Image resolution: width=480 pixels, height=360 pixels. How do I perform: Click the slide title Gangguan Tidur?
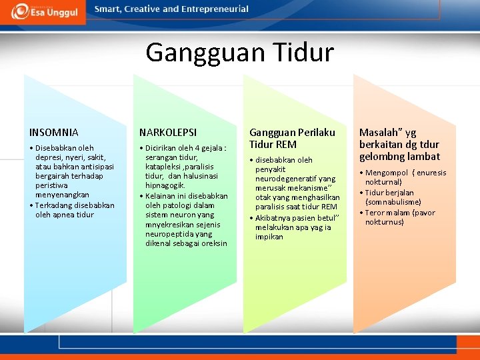(239, 52)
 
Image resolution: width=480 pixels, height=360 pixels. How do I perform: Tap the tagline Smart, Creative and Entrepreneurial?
(171, 9)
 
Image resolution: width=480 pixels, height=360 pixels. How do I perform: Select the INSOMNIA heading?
(54, 133)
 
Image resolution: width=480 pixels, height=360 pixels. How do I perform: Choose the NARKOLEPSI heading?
(167, 133)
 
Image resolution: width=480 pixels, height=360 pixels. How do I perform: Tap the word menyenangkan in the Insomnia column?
(62, 195)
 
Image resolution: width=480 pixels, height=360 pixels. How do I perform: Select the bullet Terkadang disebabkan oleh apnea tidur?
(73, 210)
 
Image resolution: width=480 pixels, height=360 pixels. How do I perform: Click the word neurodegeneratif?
(295, 179)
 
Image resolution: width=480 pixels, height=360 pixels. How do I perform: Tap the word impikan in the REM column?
(269, 237)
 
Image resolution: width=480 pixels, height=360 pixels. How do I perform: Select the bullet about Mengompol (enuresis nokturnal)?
(404, 177)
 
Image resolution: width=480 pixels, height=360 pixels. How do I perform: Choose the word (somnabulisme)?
(393, 202)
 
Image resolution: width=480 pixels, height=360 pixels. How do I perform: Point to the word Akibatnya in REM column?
(273, 218)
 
